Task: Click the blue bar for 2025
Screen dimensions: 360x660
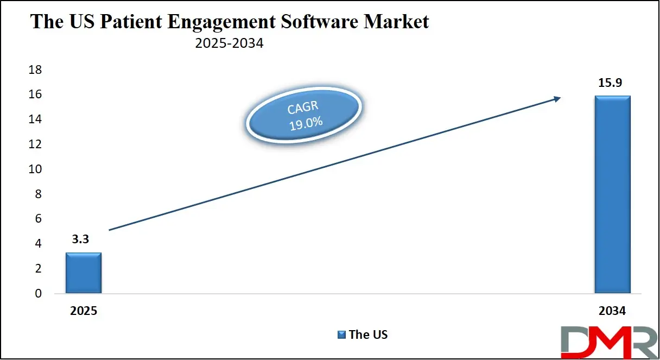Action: click(84, 273)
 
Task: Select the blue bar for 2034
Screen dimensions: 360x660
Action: click(612, 194)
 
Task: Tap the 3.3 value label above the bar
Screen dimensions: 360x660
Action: click(80, 240)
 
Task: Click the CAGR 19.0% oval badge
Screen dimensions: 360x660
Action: click(303, 115)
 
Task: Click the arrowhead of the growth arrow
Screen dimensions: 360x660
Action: click(557, 98)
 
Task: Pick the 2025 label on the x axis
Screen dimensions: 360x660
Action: click(83, 312)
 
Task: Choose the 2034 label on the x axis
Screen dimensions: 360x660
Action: click(612, 312)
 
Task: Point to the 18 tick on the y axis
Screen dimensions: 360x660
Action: click(35, 70)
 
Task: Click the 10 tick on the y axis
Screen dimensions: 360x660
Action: click(35, 169)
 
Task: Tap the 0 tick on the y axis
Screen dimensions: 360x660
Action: click(37, 294)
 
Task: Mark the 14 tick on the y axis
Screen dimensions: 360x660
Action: click(35, 119)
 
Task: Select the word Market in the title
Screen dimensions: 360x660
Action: click(398, 22)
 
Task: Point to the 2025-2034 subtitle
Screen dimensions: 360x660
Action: click(229, 43)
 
